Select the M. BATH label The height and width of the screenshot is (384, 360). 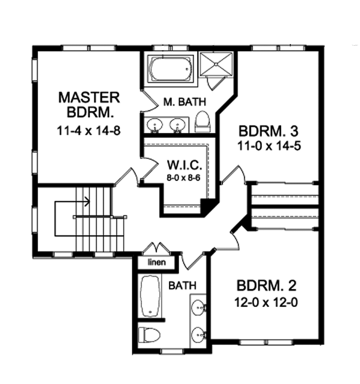point(178,102)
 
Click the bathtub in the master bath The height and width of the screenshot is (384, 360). point(170,70)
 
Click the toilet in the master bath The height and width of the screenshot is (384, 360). point(202,121)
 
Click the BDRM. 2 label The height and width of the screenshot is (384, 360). point(266,284)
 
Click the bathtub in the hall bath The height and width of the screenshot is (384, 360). point(149,296)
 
